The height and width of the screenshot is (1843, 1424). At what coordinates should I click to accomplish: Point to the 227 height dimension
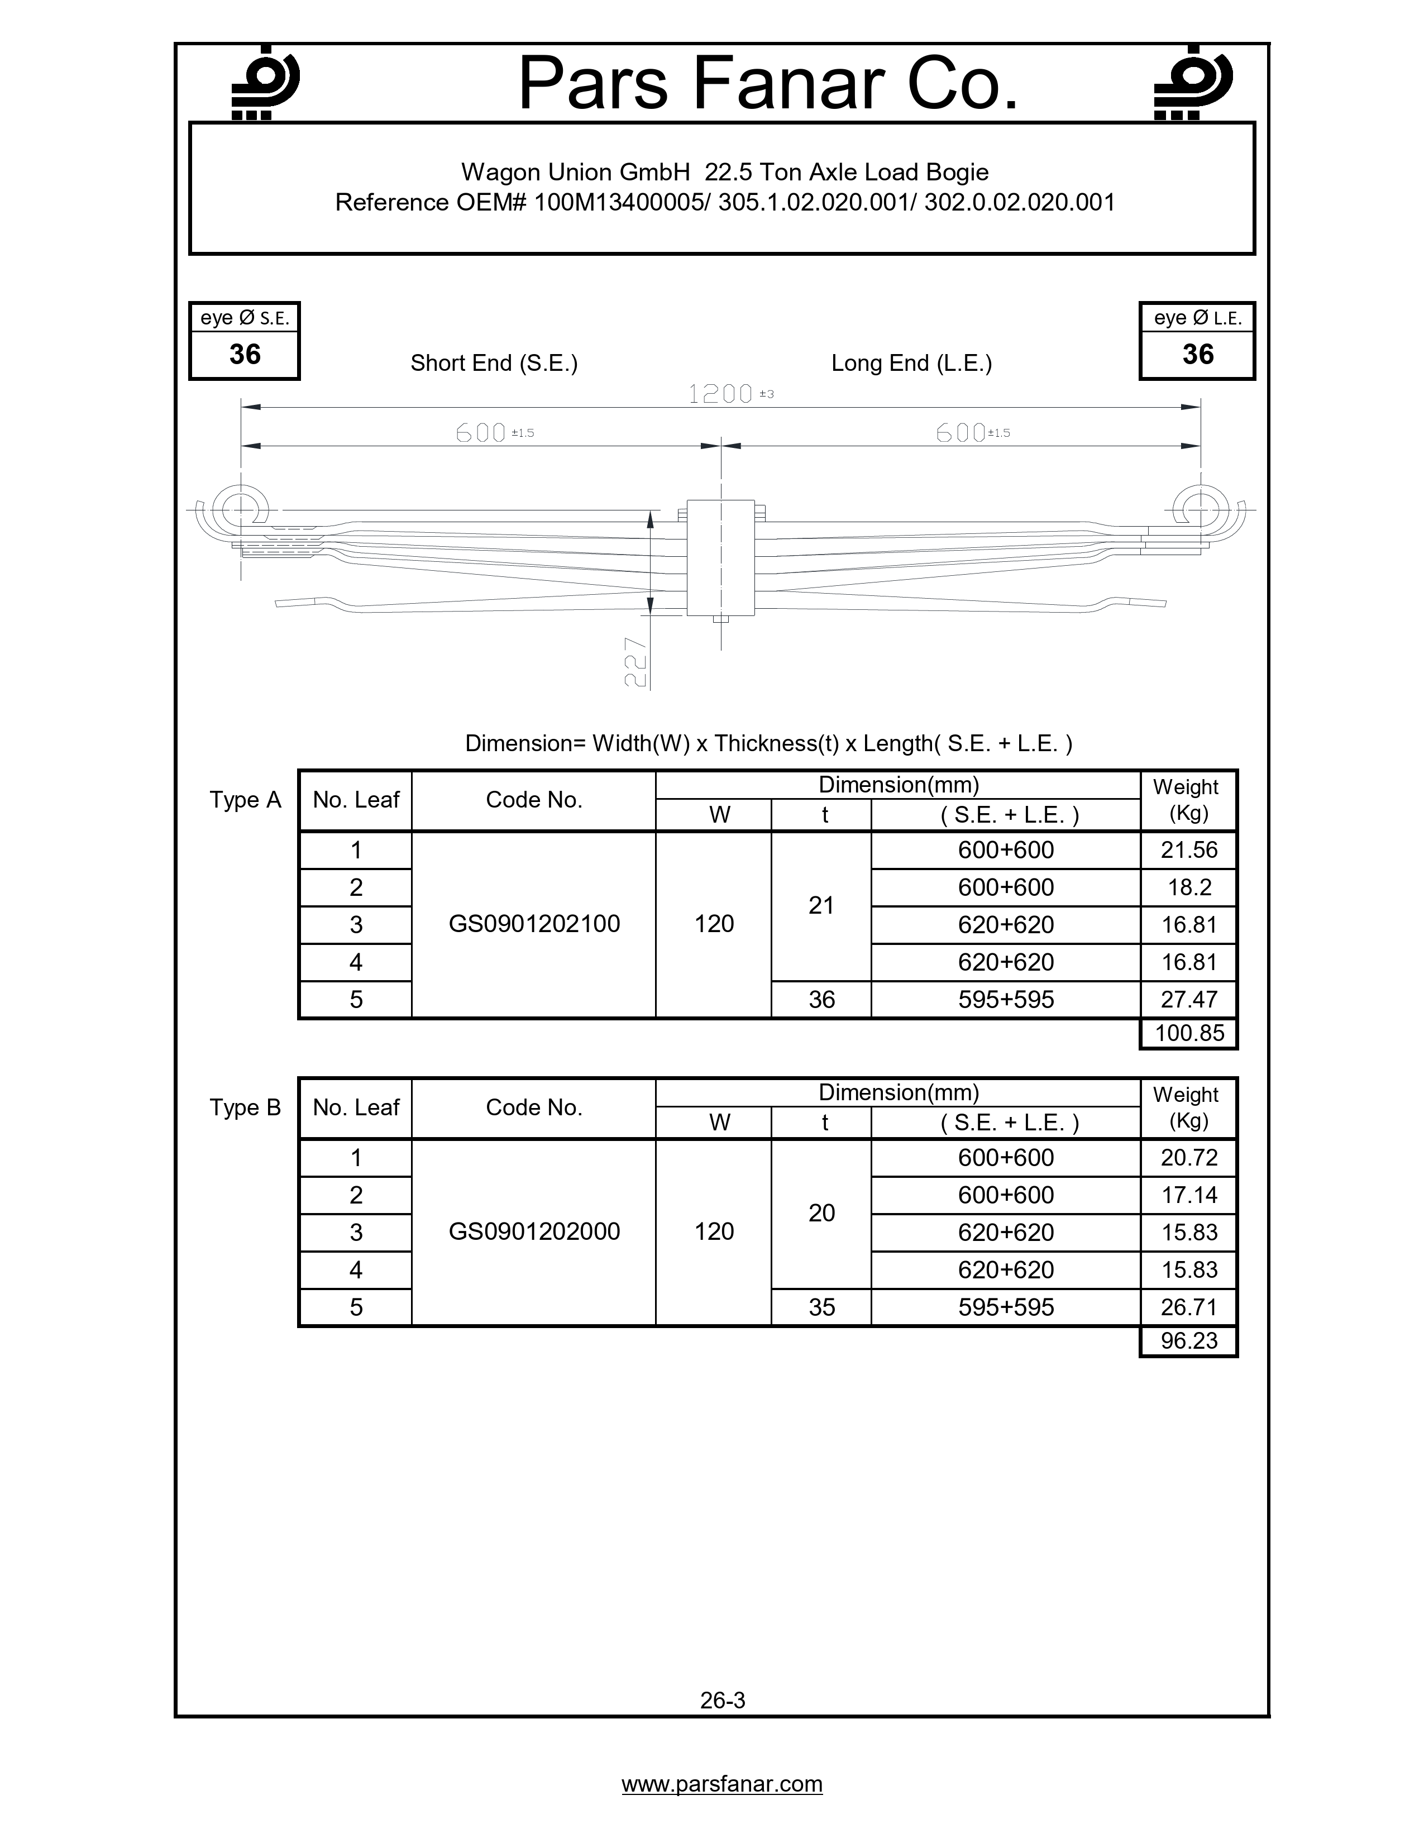tap(635, 662)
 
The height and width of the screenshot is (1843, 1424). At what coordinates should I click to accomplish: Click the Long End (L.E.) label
tap(911, 363)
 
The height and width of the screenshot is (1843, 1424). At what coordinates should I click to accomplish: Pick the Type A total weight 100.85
tap(1189, 1033)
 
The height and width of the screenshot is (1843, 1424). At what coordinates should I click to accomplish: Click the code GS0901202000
tap(534, 1231)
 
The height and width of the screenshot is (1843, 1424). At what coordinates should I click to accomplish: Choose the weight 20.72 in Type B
tap(1189, 1158)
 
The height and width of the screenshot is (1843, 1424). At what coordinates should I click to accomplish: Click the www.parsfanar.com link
tap(722, 1784)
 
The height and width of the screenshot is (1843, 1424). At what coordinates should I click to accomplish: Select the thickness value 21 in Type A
tap(821, 905)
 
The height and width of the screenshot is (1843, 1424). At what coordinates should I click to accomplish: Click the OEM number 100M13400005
tap(623, 203)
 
